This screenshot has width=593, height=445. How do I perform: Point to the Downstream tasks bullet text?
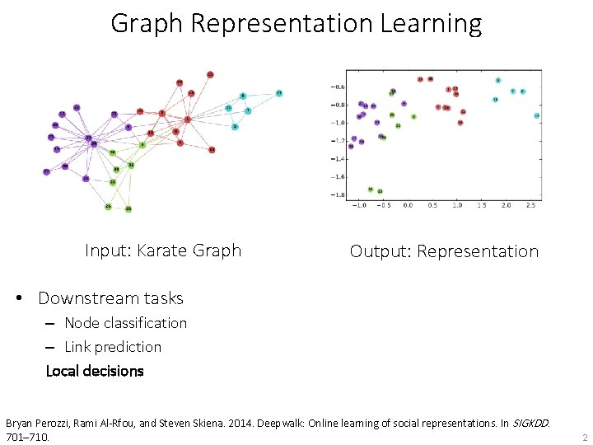point(110,298)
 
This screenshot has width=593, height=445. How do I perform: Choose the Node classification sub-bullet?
point(125,323)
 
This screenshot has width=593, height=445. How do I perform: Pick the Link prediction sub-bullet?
point(113,347)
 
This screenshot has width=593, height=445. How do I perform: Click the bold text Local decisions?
point(95,371)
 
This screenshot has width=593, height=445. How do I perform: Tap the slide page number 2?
point(584,437)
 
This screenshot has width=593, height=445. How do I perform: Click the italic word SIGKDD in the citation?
point(526,423)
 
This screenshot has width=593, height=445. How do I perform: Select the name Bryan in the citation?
point(22,423)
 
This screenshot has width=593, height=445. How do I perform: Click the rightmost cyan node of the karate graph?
point(278,93)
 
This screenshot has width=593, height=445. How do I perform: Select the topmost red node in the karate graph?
point(210,74)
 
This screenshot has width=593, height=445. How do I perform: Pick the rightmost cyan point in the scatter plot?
point(536,116)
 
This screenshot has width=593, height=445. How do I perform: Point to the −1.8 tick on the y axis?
point(338,195)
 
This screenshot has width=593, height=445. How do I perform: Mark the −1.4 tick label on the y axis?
point(338,159)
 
